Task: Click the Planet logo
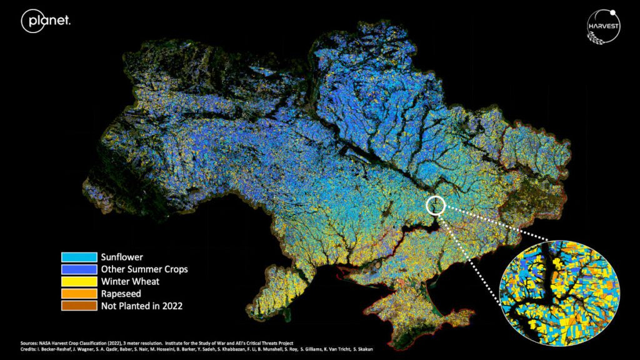pyautogui.click(x=46, y=21)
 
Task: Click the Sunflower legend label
pyautogui.click(x=122, y=257)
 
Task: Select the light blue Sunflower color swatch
pyautogui.click(x=79, y=257)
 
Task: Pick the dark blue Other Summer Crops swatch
pyautogui.click(x=79, y=269)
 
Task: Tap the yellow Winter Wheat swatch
pyautogui.click(x=79, y=282)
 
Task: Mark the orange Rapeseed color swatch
pyautogui.click(x=79, y=294)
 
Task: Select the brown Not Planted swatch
pyautogui.click(x=79, y=306)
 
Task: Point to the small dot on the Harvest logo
pyautogui.click(x=613, y=11)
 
